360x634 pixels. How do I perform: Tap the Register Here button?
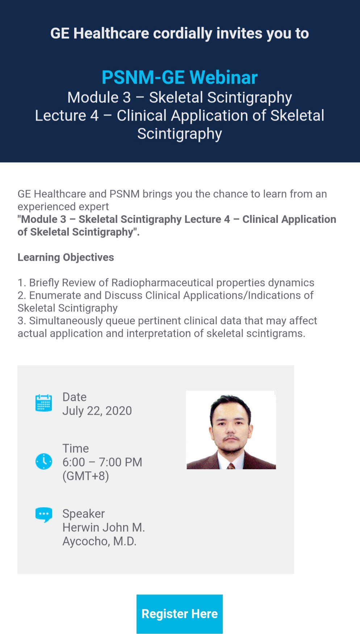[x=179, y=614]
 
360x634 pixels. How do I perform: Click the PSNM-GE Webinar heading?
[x=180, y=77]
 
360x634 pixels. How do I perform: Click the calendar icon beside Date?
[x=43, y=403]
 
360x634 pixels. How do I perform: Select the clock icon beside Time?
[x=44, y=461]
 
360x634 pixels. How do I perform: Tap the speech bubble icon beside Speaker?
[x=44, y=514]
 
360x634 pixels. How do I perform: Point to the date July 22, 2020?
[x=97, y=411]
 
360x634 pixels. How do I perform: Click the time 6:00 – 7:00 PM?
[x=102, y=462]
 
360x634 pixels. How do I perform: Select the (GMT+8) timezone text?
[x=85, y=476]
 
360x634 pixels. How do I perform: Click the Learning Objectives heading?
[x=66, y=257]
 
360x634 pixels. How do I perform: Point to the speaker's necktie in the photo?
[x=231, y=466]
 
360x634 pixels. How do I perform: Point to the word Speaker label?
[x=83, y=514]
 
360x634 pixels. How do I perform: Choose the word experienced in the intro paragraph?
[x=63, y=207]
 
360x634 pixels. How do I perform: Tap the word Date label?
[x=74, y=397]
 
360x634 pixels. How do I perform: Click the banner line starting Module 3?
[x=180, y=97]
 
